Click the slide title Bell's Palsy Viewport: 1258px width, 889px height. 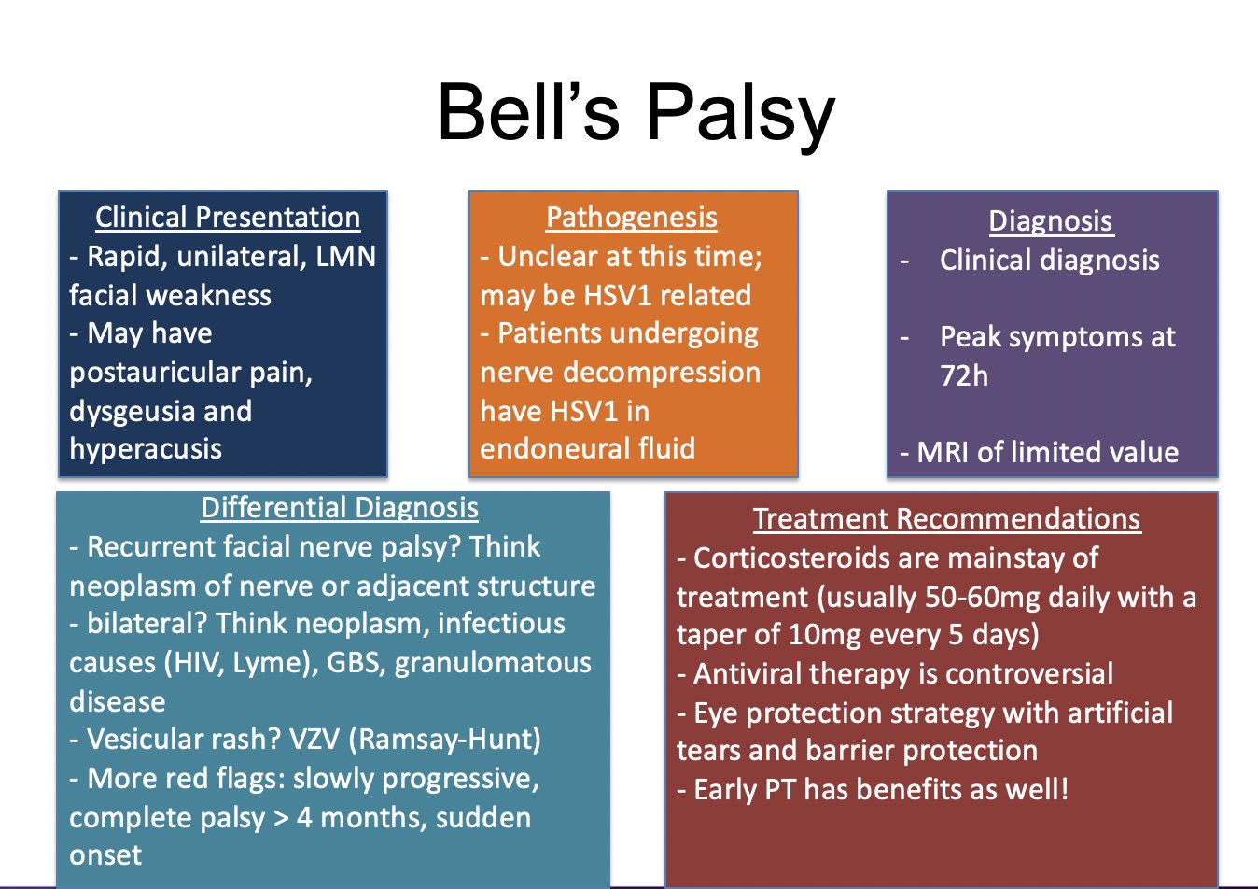(x=636, y=112)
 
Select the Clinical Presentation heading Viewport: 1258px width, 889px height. (x=228, y=217)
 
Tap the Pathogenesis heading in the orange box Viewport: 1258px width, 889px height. (x=632, y=217)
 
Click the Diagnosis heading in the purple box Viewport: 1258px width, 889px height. (x=1051, y=220)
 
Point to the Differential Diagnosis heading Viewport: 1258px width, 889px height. (x=340, y=507)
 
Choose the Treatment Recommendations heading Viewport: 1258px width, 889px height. (x=946, y=518)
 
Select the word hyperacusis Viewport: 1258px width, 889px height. (x=146, y=449)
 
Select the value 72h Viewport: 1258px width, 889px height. (x=964, y=375)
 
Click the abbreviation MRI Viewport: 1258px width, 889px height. (x=943, y=453)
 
